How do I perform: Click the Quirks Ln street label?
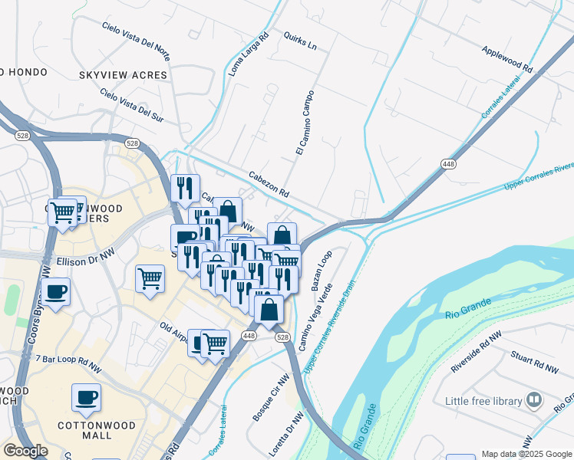point(299,41)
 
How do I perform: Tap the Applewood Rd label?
point(506,58)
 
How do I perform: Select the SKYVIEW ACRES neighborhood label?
point(123,74)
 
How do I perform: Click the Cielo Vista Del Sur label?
point(133,104)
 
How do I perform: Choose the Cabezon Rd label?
point(268,183)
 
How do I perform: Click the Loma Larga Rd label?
point(249,53)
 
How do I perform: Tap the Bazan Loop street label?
point(321,269)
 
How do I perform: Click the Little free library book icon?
point(533,400)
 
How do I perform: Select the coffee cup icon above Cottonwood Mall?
point(86,397)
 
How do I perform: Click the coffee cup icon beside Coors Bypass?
point(56,292)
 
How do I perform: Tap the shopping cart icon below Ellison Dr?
point(150,278)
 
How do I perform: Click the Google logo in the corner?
point(26,451)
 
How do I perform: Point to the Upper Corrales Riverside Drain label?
point(332,330)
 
